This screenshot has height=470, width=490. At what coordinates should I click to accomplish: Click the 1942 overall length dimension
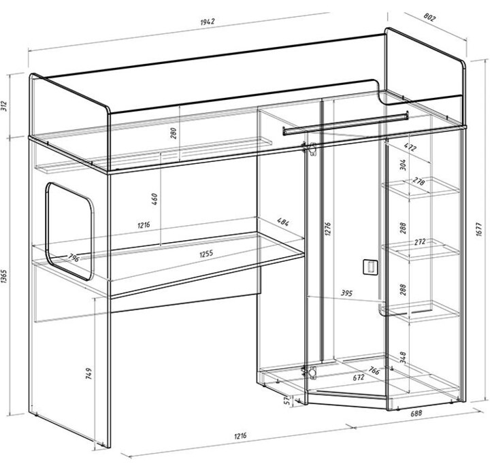[208, 22]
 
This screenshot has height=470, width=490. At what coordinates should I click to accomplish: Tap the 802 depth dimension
[429, 18]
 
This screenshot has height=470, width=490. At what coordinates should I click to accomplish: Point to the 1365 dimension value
[4, 276]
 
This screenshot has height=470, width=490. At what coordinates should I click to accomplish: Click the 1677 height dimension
[480, 229]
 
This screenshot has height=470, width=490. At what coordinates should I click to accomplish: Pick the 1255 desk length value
[206, 253]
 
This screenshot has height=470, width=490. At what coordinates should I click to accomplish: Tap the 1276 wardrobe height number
[327, 229]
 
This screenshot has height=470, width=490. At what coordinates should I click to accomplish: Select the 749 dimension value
[88, 373]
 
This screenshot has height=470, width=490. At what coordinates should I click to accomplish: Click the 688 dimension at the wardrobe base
[416, 413]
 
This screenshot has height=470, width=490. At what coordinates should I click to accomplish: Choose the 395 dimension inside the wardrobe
[346, 293]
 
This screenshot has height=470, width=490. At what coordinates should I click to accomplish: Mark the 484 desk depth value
[283, 222]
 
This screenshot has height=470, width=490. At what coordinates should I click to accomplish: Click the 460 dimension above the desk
[154, 199]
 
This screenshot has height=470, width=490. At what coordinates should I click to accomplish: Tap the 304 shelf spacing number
[403, 165]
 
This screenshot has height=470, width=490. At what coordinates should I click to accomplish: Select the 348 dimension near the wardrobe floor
[403, 357]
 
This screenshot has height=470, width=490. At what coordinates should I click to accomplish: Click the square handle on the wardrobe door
[370, 267]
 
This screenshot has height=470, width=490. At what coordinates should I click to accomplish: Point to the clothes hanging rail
[345, 124]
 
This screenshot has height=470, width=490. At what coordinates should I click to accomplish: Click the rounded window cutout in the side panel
[48, 231]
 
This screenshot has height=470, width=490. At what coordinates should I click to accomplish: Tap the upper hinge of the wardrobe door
[310, 149]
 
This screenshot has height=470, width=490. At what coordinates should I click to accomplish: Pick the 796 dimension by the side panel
[74, 258]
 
